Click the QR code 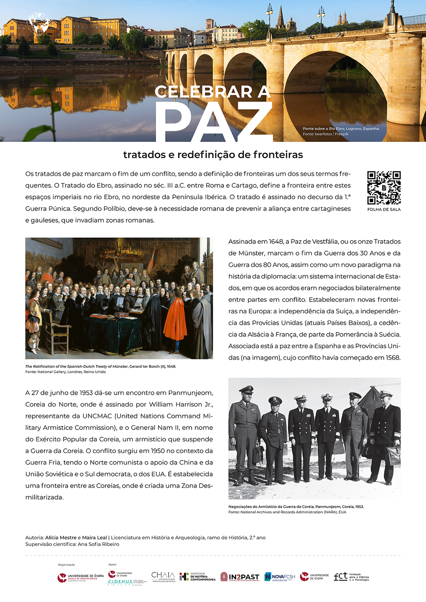pos(384,188)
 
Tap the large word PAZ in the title pos(213,121)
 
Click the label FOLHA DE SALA pos(384,209)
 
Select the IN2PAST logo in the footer pos(240,577)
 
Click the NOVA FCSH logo pos(280,577)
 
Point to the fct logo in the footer pos(351,577)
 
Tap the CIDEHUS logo pos(120,582)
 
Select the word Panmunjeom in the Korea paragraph pos(190,393)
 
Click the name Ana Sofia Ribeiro pos(98,544)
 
